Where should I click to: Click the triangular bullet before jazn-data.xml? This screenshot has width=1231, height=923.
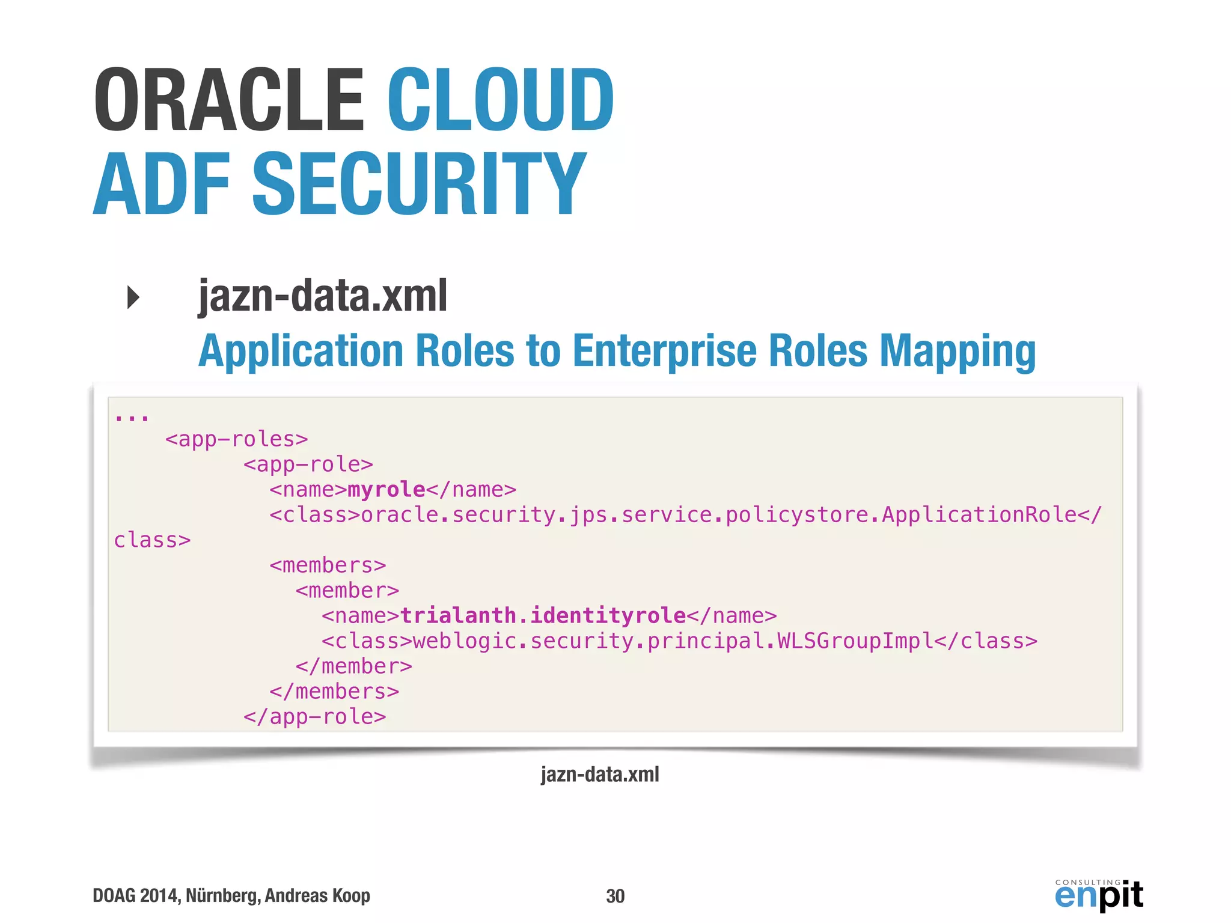(133, 297)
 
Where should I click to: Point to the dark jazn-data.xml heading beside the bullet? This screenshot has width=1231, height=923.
(323, 296)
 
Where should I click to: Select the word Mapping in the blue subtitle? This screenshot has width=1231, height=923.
(958, 352)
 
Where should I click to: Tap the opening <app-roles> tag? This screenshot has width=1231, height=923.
(236, 439)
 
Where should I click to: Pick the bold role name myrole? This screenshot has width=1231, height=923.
(386, 490)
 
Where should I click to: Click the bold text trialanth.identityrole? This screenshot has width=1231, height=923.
(543, 616)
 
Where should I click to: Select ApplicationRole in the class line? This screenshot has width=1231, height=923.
(979, 515)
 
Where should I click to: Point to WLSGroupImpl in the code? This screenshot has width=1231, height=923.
(855, 641)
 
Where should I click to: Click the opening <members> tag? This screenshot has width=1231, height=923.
(328, 565)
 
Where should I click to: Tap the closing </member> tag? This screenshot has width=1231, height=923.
(353, 666)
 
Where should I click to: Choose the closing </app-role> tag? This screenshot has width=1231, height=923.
(314, 717)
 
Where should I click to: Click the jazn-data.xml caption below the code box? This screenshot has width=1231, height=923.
(600, 775)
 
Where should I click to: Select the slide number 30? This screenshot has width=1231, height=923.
(615, 896)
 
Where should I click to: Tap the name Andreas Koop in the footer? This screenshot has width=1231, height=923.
(317, 895)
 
